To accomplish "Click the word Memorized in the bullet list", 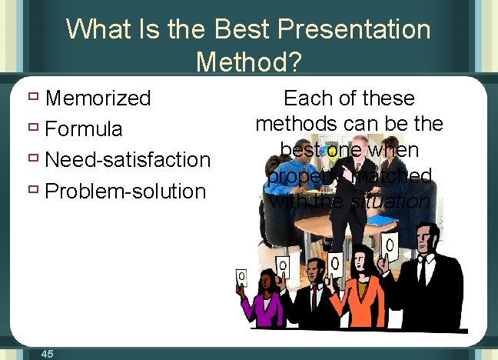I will tap(98, 98).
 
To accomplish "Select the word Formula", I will tap(84, 128).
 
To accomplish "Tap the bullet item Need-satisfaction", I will tap(128, 160).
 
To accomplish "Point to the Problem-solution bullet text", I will tap(126, 191).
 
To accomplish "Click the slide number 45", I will tap(47, 353).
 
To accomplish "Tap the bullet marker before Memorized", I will tap(33, 97).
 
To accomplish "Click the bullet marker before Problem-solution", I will tap(33, 189).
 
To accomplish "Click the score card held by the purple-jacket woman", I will tap(241, 276).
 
